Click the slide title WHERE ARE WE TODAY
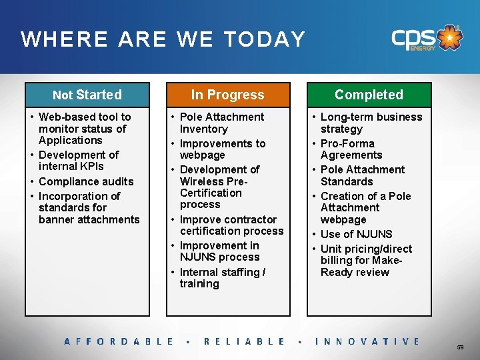click(163, 39)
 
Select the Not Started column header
click(87, 95)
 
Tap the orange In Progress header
click(227, 95)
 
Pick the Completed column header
click(369, 95)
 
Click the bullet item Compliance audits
click(86, 181)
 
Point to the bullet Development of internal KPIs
click(79, 161)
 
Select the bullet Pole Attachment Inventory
click(221, 123)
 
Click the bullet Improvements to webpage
click(222, 149)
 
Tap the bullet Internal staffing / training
click(222, 278)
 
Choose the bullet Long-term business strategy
click(371, 123)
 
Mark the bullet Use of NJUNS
click(356, 234)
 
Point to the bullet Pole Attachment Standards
click(362, 175)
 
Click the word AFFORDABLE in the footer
click(119, 341)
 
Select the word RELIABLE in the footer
click(244, 341)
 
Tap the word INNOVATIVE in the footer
click(367, 341)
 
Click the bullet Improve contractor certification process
click(231, 225)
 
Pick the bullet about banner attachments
click(89, 208)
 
